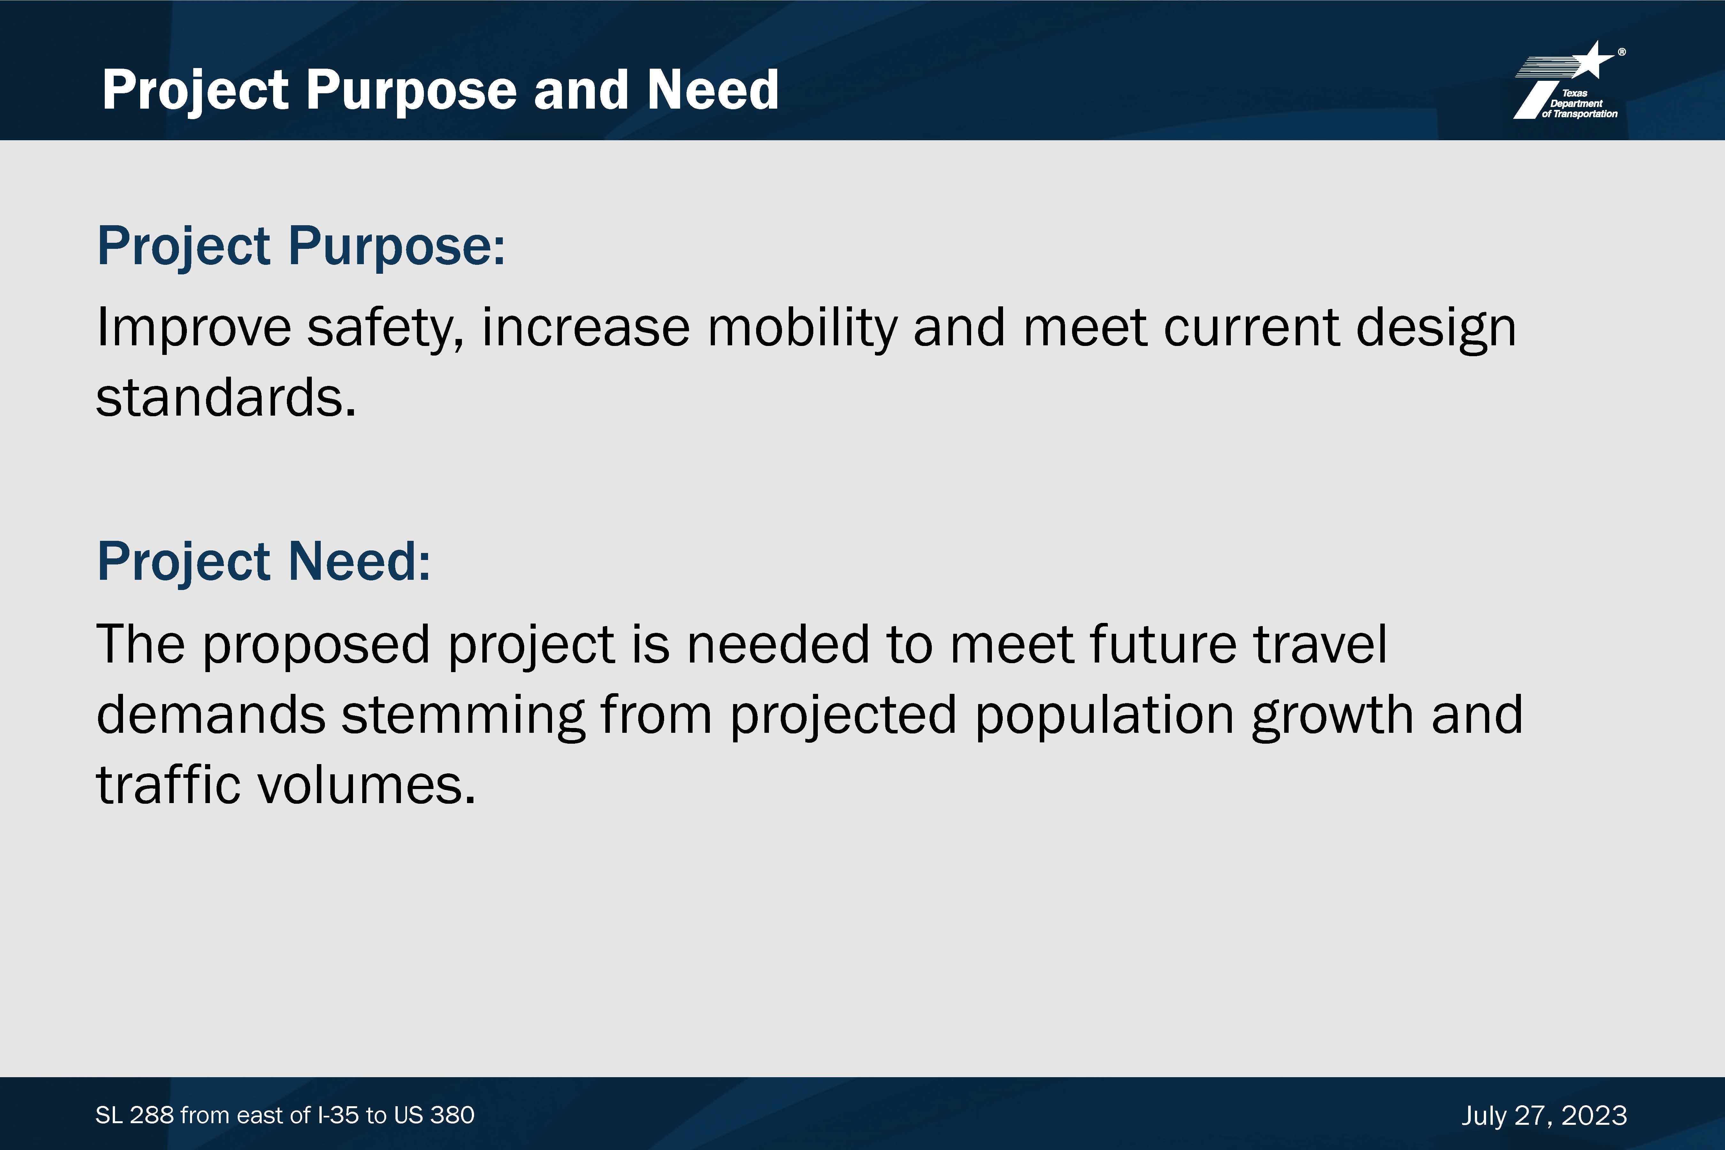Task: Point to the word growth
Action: [x=1332, y=716]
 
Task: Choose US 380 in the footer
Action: [x=434, y=1115]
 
